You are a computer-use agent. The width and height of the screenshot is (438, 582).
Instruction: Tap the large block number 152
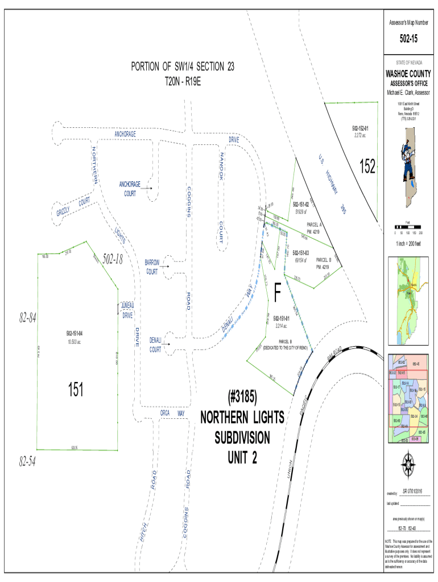point(367,167)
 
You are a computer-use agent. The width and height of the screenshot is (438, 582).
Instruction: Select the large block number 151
point(76,389)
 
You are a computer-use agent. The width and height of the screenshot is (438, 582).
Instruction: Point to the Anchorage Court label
point(130,189)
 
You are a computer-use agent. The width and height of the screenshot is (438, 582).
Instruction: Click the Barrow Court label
point(152,268)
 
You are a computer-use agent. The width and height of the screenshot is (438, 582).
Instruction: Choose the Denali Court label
point(155,344)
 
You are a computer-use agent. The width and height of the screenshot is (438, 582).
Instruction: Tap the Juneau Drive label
point(127,310)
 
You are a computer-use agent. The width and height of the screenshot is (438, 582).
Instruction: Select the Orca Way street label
point(173,413)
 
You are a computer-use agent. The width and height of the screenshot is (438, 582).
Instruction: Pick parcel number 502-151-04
point(76,332)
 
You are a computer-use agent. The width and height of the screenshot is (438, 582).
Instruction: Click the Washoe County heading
point(408,74)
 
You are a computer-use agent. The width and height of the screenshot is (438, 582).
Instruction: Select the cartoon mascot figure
point(407,154)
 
